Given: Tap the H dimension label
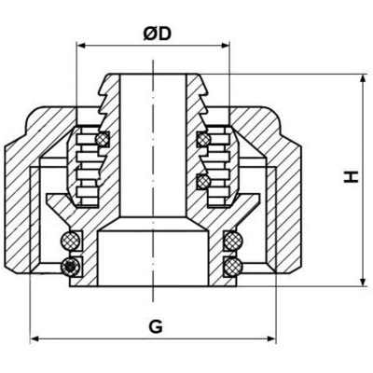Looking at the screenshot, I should point(349,175).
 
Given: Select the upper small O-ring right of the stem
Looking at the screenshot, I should point(201,140).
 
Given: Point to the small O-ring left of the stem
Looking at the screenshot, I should point(103,140).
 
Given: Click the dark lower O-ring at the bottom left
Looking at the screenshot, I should point(67,268).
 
